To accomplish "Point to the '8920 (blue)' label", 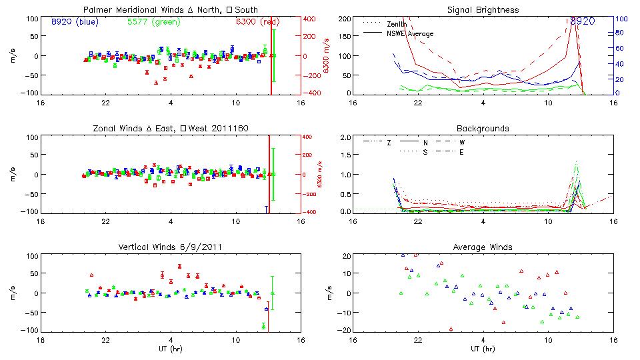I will point(75,21).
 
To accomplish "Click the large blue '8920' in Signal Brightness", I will point(583,21).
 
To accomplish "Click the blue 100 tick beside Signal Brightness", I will point(619,19).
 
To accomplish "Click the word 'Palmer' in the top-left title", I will point(95,10).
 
